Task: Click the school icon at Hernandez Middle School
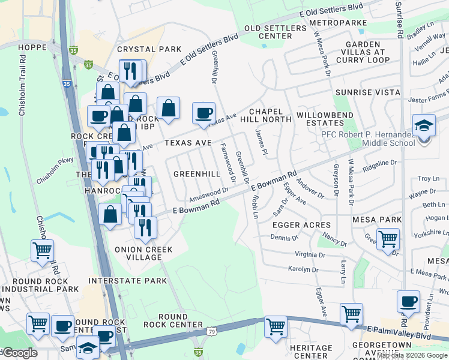[424, 127]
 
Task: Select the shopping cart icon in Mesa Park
[388, 239]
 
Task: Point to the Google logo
[19, 353]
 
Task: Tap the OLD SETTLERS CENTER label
[268, 32]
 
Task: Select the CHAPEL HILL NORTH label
[270, 115]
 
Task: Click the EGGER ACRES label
[301, 224]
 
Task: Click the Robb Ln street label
[255, 206]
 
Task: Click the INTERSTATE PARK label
[127, 281]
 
